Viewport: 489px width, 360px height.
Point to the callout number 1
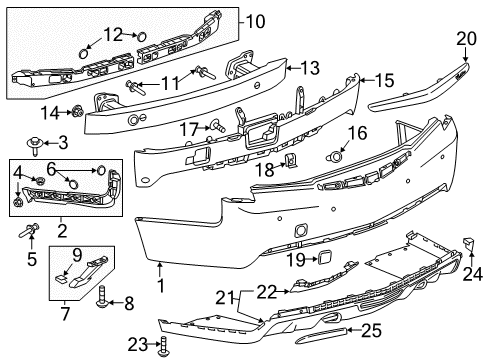pyautogui.click(x=160, y=268)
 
